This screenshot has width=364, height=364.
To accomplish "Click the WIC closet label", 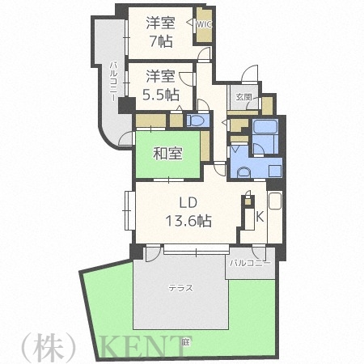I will pos(203,25).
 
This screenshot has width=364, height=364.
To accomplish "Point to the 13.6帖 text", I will pos(188,219).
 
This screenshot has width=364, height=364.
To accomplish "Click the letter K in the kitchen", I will pos(260,216).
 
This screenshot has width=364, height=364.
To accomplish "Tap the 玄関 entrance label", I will pos(243,97).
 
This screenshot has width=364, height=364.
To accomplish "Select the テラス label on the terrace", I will pos(180,287).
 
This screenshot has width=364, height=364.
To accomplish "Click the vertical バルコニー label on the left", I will pos(113,78).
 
